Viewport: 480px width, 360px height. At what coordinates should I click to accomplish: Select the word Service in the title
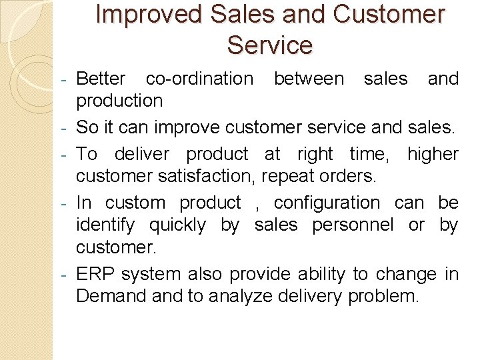(269, 45)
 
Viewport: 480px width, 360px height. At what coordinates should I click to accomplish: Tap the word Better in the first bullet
(101, 79)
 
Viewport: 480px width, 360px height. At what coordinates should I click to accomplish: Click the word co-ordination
(199, 79)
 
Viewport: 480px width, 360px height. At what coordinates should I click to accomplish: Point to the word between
(309, 79)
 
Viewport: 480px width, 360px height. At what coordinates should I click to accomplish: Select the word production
(119, 101)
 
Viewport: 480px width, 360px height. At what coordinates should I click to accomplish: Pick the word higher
(433, 154)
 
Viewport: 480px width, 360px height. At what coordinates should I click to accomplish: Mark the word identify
(106, 225)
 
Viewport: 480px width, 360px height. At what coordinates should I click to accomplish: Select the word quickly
(177, 225)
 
